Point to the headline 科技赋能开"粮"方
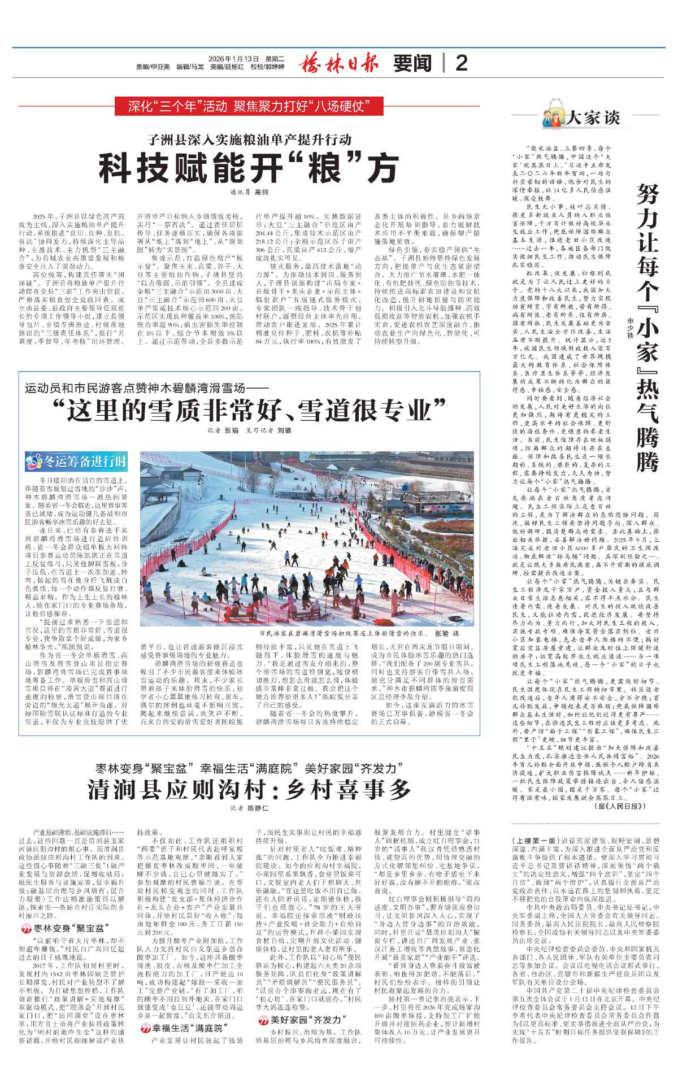[249, 167]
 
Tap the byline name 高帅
[262, 193]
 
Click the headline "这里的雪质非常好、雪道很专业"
[249, 410]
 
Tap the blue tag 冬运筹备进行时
[77, 462]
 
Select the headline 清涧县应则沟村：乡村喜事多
[249, 789]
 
